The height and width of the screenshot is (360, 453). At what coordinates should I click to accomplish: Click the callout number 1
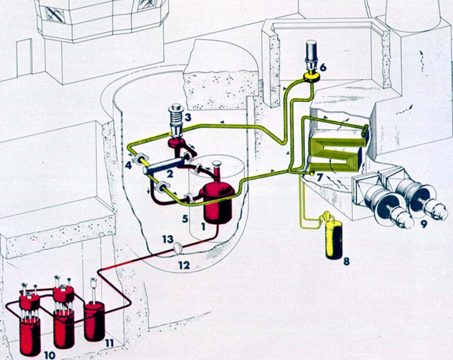coord(204,227)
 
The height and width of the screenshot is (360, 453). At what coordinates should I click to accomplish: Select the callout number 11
coord(109,342)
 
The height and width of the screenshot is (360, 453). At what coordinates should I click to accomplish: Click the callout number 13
coord(166,240)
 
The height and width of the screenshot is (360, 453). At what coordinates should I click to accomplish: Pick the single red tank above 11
coord(94,317)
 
